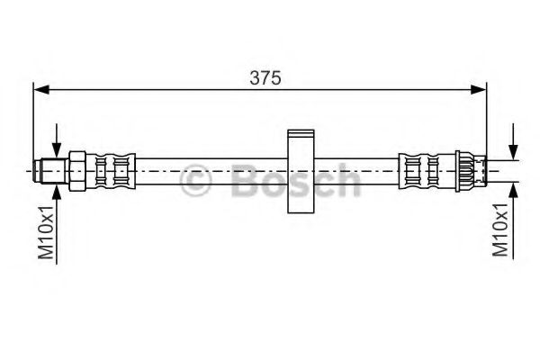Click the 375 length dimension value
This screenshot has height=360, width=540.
pyautogui.click(x=266, y=77)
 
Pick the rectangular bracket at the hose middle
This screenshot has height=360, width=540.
pyautogui.click(x=300, y=170)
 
